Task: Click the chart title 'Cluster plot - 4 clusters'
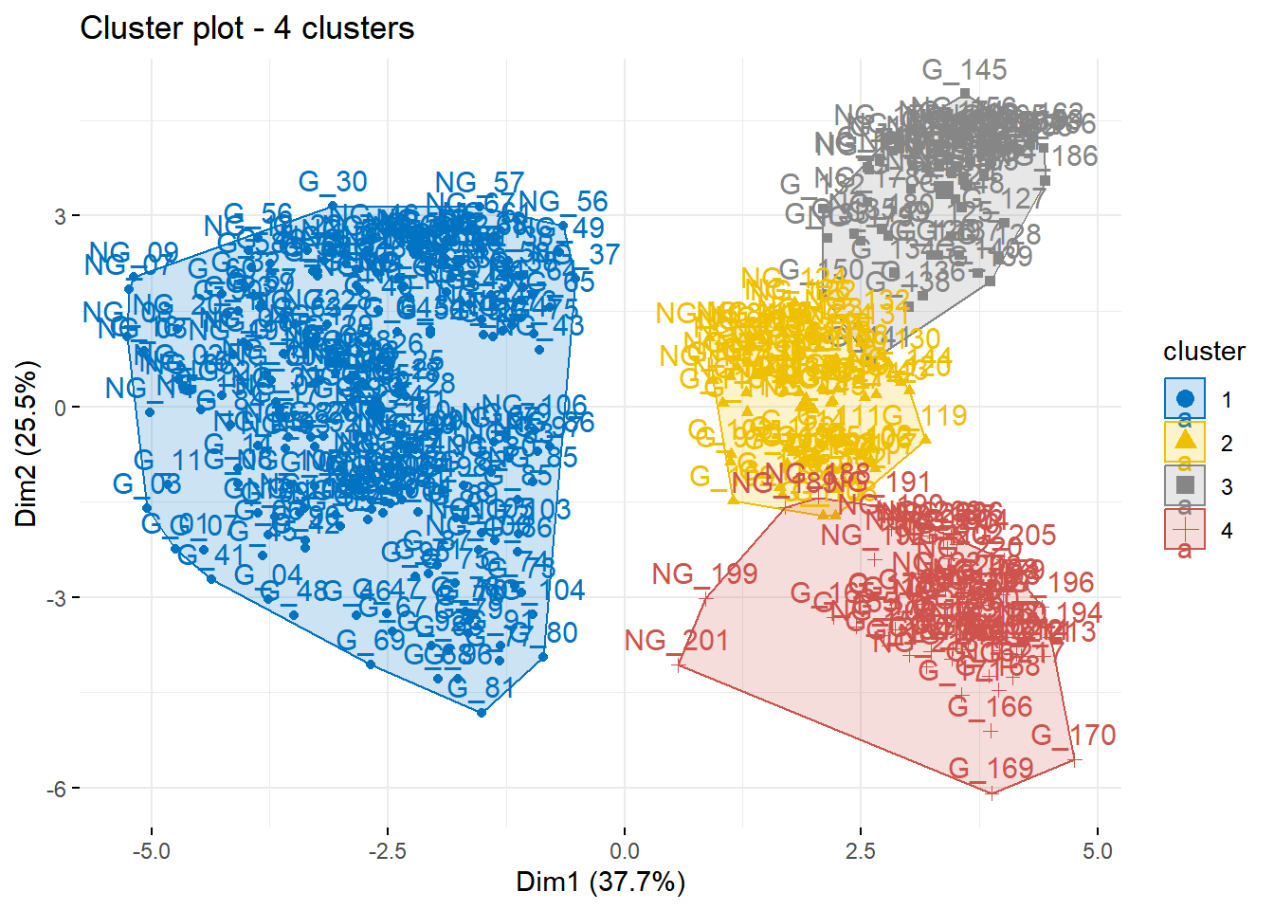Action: [246, 28]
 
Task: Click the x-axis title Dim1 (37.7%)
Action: [600, 882]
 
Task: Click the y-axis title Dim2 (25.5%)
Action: [27, 443]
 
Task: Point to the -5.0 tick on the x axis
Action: [151, 851]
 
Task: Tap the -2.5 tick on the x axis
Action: [387, 851]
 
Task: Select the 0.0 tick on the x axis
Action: [625, 851]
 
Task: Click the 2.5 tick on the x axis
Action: [861, 851]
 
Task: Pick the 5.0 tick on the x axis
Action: [1097, 851]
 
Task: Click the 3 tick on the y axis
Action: [60, 216]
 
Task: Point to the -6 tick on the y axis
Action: [56, 789]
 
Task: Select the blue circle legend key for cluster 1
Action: [1185, 398]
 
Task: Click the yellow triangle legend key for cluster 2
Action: [1185, 442]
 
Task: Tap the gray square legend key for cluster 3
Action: [1185, 485]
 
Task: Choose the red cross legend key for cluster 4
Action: [1185, 529]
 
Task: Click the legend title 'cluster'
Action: [1204, 352]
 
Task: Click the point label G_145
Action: [964, 70]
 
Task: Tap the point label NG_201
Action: [676, 641]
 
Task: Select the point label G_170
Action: [1073, 736]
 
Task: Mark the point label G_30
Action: [333, 182]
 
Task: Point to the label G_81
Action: [482, 688]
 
